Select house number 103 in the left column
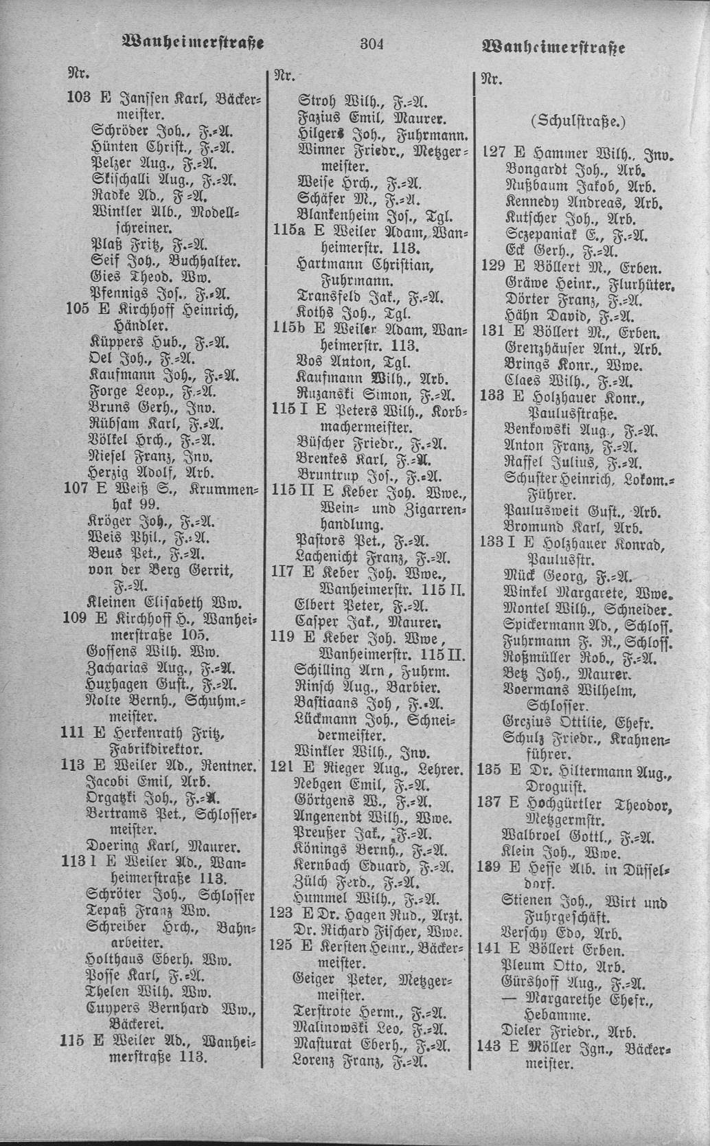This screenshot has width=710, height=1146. (77, 98)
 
